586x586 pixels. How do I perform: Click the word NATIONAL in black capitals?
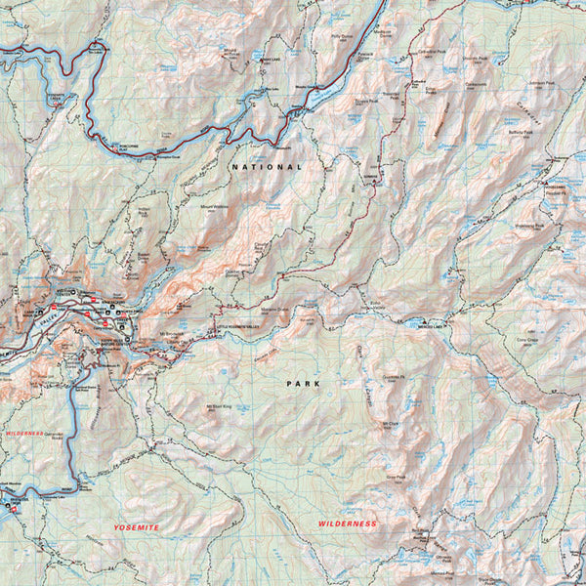(268, 167)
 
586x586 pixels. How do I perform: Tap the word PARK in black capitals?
(303, 384)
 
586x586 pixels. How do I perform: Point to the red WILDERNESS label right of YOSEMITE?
(347, 524)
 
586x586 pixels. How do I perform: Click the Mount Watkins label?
(215, 208)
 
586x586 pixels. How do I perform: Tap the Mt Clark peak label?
(392, 424)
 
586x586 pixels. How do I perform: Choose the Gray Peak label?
(396, 478)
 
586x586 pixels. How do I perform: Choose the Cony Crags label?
(528, 341)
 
